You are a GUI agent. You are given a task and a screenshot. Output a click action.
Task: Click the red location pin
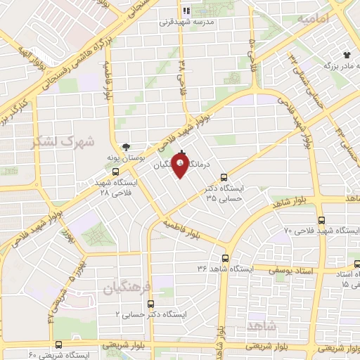point(181,165)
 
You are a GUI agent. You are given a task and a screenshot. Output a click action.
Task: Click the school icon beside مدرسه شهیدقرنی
point(186,11)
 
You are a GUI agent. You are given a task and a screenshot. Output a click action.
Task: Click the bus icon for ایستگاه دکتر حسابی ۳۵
point(224,177)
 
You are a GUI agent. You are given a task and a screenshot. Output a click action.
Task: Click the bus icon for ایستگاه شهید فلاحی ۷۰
point(321,219)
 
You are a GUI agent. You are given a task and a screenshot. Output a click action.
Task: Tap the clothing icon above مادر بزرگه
point(346,54)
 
